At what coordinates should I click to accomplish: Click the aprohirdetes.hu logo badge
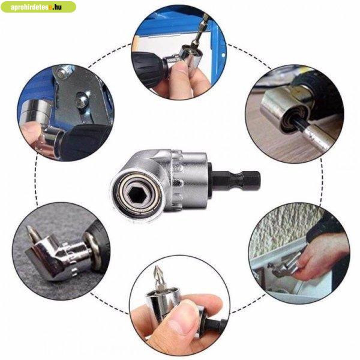click(x=38, y=7)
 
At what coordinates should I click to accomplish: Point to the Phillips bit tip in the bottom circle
click(x=159, y=278)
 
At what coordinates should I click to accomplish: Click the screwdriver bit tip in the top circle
click(x=203, y=27)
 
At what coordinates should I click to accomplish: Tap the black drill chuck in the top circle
click(x=149, y=70)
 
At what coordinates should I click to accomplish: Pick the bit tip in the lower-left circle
click(x=31, y=234)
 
